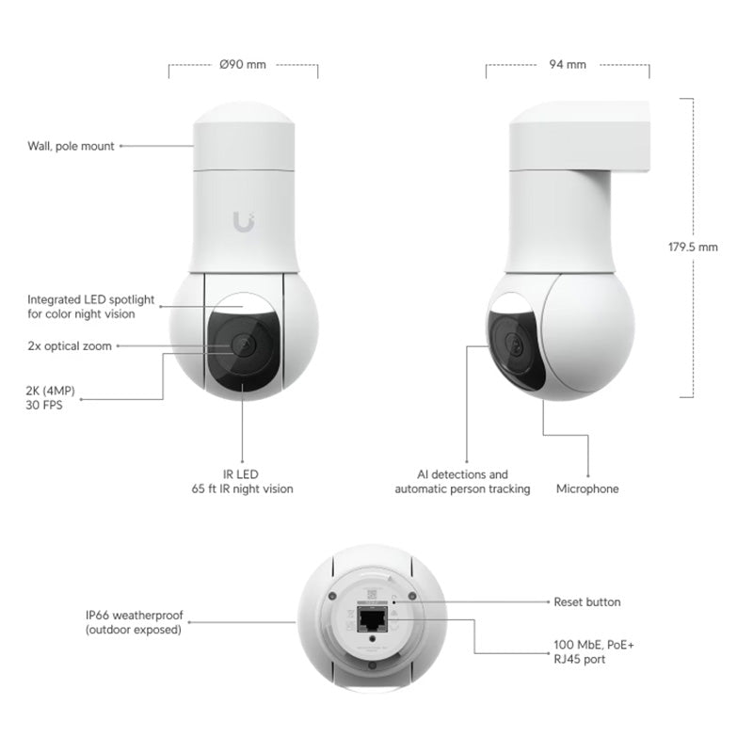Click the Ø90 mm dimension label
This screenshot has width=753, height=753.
click(243, 65)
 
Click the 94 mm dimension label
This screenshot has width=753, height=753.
click(567, 65)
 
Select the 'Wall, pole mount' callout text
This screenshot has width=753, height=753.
click(71, 146)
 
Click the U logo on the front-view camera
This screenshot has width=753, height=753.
click(243, 221)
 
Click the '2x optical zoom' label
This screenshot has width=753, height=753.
click(70, 346)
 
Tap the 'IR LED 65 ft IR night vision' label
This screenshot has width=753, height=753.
click(242, 482)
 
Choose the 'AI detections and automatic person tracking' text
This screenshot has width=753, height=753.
click(462, 482)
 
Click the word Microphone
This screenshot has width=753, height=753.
click(587, 489)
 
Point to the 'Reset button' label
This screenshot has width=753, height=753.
click(585, 601)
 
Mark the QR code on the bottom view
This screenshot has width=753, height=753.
click(372, 595)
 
